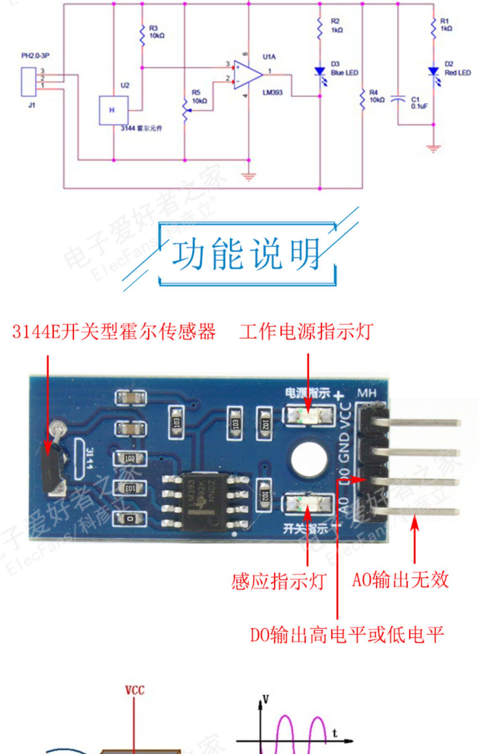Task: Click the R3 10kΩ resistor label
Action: pyautogui.click(x=156, y=32)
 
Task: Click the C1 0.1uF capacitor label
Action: pyautogui.click(x=419, y=103)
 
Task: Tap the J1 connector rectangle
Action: pyautogui.click(x=29, y=82)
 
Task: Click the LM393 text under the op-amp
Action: pyautogui.click(x=272, y=93)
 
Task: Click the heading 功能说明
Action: pyautogui.click(x=246, y=253)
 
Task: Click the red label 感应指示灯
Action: pyautogui.click(x=279, y=581)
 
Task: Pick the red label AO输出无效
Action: pyautogui.click(x=400, y=580)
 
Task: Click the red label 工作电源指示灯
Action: pyautogui.click(x=306, y=332)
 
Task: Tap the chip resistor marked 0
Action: pyautogui.click(x=130, y=519)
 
